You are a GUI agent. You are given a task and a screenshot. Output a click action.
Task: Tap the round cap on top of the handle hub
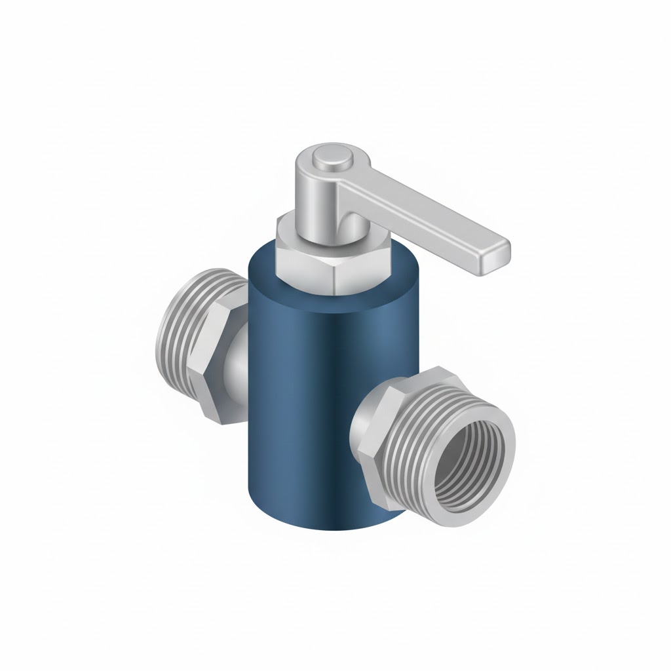326,157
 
